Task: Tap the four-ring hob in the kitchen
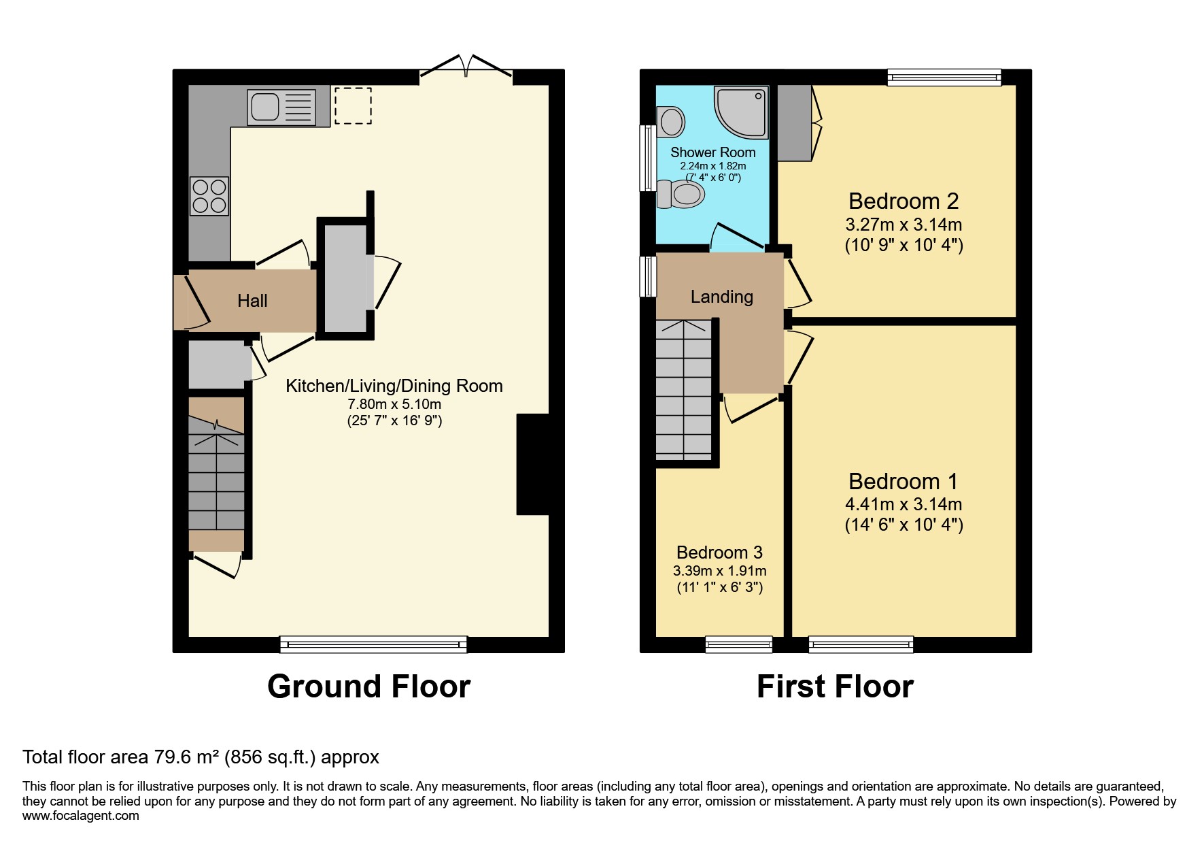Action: click(x=209, y=196)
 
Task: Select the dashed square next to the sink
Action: click(x=353, y=105)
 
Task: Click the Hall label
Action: click(x=252, y=301)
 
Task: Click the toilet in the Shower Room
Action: click(x=681, y=194)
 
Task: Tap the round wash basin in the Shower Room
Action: click(x=671, y=122)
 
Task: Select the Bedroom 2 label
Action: click(x=903, y=201)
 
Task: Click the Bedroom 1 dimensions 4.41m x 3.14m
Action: click(x=903, y=504)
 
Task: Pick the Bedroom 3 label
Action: click(x=719, y=552)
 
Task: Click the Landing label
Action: click(x=721, y=297)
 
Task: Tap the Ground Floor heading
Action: click(x=368, y=687)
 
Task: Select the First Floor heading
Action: click(x=835, y=687)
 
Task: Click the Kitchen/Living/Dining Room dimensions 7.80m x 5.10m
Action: click(x=394, y=404)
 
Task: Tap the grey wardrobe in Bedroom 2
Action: click(x=794, y=122)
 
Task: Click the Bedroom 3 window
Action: click(x=738, y=644)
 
